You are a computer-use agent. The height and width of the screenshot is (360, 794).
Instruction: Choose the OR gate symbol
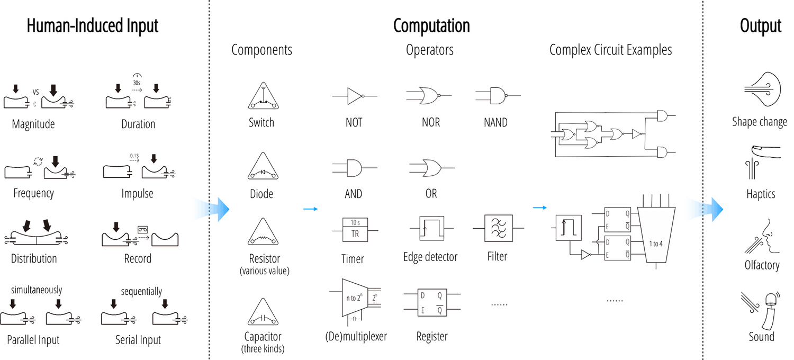coord(430,168)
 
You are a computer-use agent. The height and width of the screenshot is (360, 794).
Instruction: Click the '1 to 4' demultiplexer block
coord(656,236)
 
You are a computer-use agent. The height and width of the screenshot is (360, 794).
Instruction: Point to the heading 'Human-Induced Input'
coord(93,26)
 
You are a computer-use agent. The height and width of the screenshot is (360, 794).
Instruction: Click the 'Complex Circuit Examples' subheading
coord(610,50)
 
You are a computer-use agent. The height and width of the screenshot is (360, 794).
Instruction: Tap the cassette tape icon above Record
coord(142,229)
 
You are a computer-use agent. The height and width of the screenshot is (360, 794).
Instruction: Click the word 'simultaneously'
coord(37,290)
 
